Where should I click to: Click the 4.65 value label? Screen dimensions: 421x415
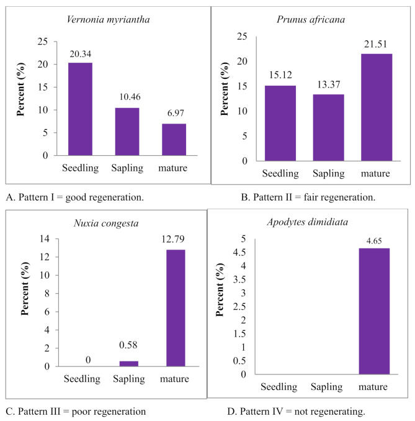coord(375,237)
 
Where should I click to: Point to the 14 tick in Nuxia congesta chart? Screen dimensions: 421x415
coord(45,238)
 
